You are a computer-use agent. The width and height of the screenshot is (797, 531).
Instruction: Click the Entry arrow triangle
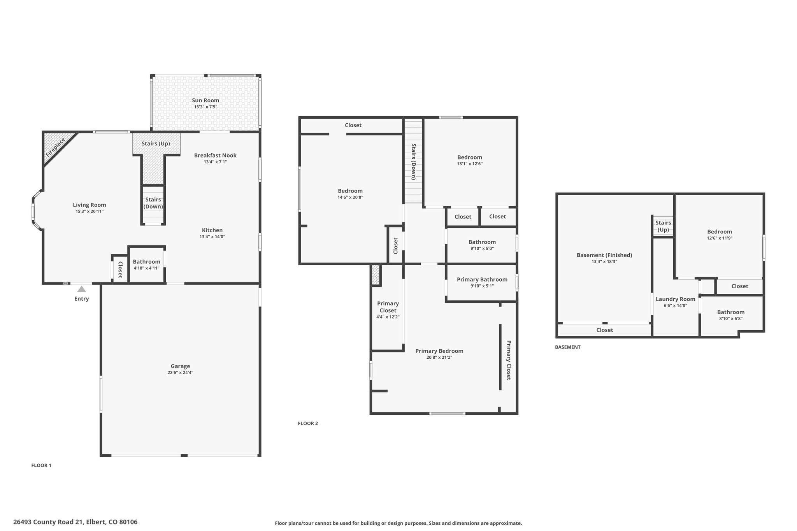tap(81, 289)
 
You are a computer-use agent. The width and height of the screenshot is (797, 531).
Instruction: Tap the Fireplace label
tap(55, 147)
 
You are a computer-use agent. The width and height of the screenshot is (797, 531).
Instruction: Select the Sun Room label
tap(205, 100)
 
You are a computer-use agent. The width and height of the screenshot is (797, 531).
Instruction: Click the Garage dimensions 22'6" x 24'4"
tap(180, 373)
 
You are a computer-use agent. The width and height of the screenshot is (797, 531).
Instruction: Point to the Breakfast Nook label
tap(215, 155)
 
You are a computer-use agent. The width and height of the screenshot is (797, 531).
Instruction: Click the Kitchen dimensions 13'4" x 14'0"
tap(212, 237)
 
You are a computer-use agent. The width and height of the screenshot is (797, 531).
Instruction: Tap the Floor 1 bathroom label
tap(146, 262)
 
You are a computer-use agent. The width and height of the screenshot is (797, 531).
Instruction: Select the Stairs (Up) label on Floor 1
tap(156, 144)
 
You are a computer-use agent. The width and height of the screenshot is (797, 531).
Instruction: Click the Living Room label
tap(90, 205)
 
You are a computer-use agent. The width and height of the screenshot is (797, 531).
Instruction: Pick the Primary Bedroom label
tap(439, 351)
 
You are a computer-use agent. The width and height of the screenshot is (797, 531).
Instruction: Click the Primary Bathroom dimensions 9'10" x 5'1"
tap(482, 286)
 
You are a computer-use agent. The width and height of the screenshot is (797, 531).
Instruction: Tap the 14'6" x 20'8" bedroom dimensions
tap(350, 197)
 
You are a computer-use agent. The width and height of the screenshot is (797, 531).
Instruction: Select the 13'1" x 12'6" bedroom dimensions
tap(470, 164)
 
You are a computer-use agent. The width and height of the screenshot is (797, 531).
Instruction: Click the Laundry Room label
tap(675, 299)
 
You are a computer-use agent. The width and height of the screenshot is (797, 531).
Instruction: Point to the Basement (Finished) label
tap(604, 255)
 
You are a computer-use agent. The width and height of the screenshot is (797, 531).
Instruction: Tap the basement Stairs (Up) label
tap(663, 226)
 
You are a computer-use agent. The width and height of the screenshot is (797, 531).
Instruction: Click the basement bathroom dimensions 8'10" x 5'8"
tap(731, 319)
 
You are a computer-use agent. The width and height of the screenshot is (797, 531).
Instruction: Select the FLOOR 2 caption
tap(308, 423)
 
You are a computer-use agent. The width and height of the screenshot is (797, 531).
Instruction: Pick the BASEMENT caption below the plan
tap(567, 347)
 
